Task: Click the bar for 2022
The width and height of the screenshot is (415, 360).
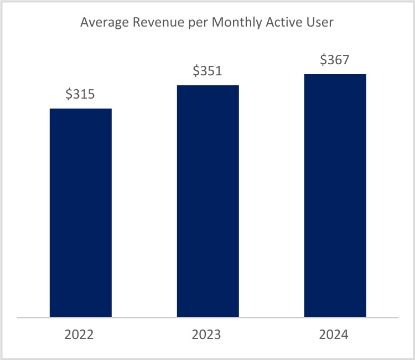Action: (x=81, y=213)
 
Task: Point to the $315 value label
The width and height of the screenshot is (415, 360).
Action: (x=80, y=94)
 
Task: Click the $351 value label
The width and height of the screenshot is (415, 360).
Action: (x=207, y=71)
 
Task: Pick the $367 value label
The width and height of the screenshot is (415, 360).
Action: (x=335, y=60)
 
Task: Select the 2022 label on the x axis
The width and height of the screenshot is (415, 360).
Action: (x=80, y=335)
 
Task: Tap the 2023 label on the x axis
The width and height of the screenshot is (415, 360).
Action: (x=207, y=335)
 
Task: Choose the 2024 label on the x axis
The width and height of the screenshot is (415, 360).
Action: (x=335, y=335)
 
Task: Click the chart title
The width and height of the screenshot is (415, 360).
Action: (x=207, y=23)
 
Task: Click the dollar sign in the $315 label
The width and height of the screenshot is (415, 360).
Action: (x=69, y=94)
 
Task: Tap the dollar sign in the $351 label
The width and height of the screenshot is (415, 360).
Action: (x=196, y=71)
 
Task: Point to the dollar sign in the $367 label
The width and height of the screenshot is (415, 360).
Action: (x=323, y=60)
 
